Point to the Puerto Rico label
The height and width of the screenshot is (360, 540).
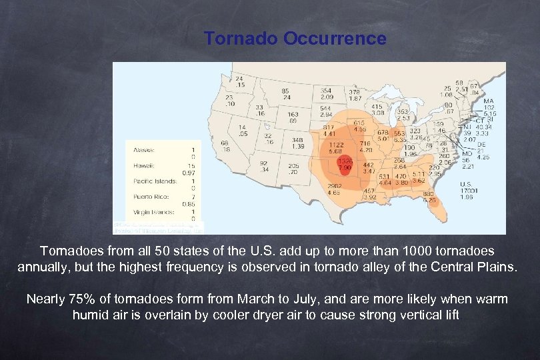click(x=149, y=197)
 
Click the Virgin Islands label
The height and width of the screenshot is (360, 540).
click(x=153, y=212)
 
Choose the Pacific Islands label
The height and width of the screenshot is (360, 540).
click(x=154, y=181)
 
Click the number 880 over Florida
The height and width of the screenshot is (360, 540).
click(x=429, y=194)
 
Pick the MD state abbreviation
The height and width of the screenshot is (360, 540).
click(x=467, y=153)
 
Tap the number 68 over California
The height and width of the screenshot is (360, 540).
click(x=225, y=143)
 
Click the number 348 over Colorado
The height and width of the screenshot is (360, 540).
click(x=298, y=139)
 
